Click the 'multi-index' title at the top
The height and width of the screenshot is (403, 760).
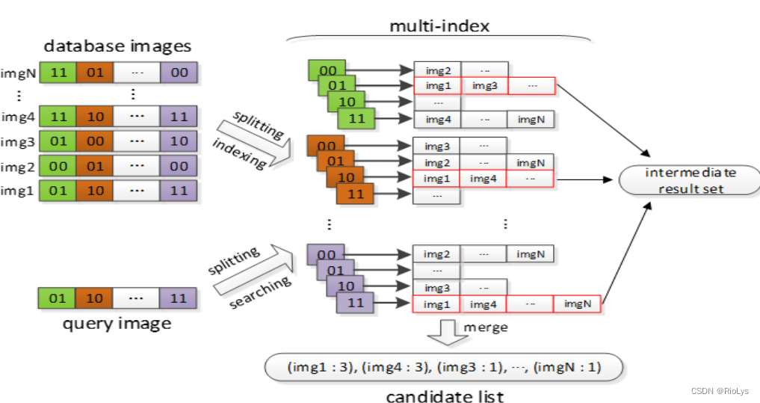(439, 27)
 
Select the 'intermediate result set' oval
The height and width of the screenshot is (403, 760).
(691, 181)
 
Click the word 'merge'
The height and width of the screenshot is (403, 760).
(486, 327)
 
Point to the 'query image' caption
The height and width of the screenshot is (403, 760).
(116, 323)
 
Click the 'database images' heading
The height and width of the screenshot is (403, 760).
(118, 46)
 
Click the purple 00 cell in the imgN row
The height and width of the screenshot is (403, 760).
(178, 73)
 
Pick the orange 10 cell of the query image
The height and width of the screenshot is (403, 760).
(94, 298)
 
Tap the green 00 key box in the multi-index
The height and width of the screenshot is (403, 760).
(327, 70)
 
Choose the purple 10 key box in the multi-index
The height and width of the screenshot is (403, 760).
(345, 286)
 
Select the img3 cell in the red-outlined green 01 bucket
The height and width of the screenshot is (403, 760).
(484, 86)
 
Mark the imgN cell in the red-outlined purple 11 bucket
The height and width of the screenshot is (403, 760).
(577, 304)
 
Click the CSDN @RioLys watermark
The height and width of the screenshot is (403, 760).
(720, 391)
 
